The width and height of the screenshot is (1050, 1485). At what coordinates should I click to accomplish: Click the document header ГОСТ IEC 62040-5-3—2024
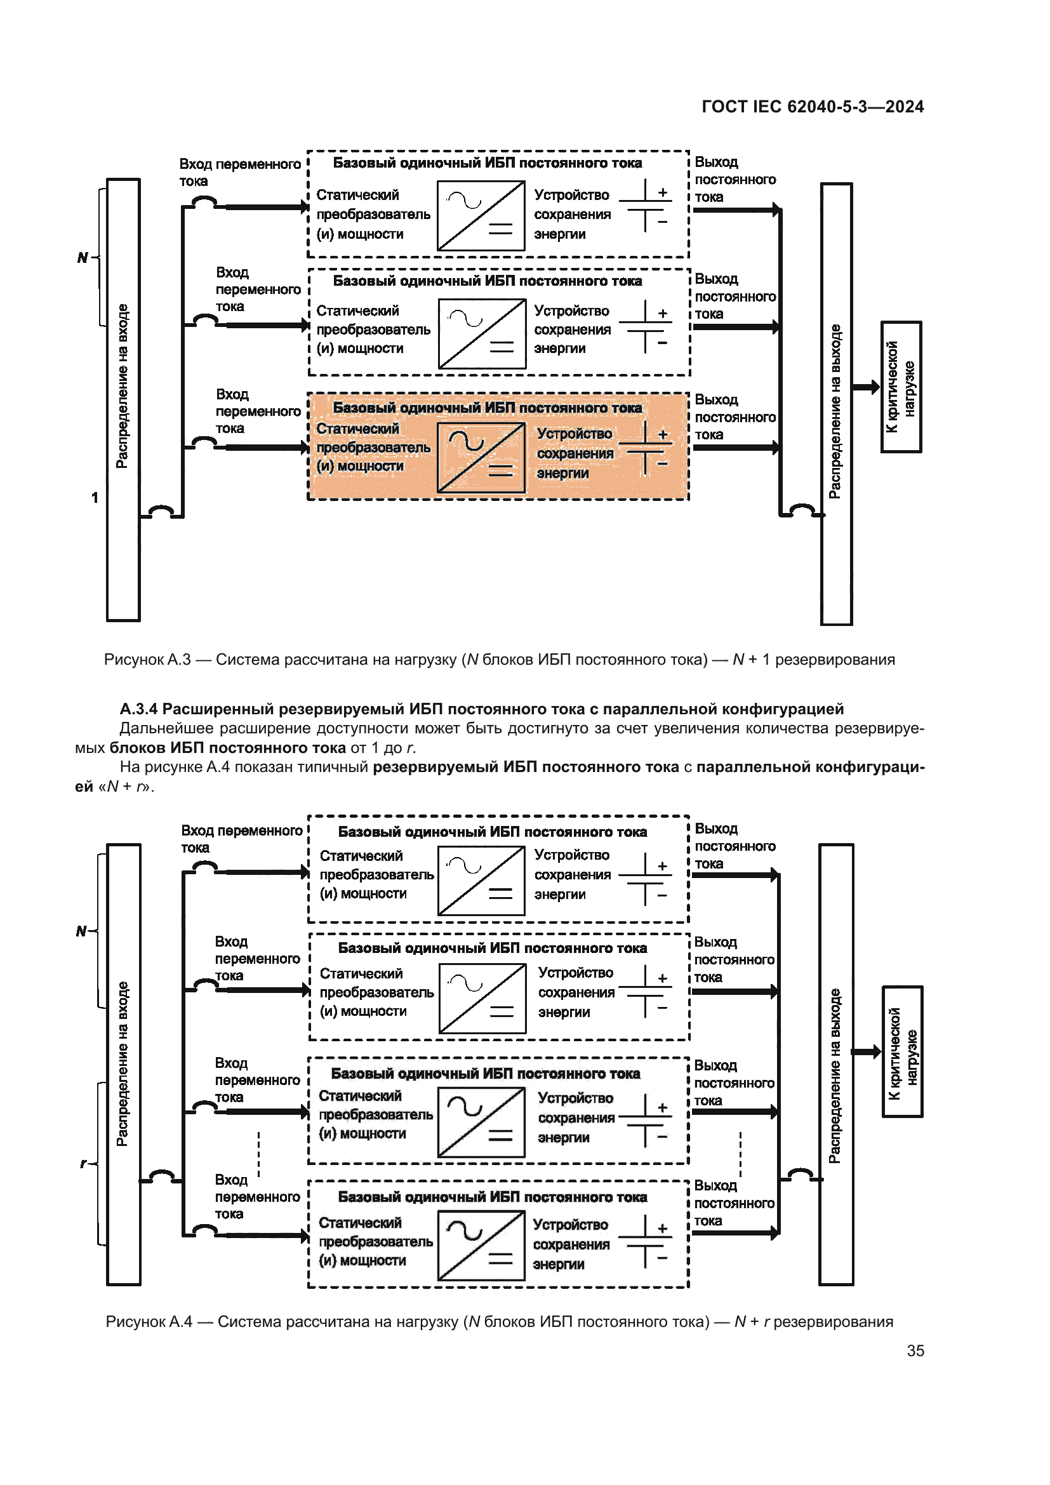click(x=812, y=107)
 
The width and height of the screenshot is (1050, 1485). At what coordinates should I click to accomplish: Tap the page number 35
click(x=915, y=1350)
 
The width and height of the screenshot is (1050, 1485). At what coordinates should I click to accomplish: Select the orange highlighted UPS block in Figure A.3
click(x=498, y=447)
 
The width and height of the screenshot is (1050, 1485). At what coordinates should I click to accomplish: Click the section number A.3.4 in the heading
click(x=138, y=709)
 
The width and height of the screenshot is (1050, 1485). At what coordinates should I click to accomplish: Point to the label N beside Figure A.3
click(x=82, y=257)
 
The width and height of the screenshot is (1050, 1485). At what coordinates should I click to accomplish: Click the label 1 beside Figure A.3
click(x=95, y=497)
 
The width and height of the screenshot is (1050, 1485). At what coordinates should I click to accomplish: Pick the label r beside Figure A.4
click(x=83, y=1164)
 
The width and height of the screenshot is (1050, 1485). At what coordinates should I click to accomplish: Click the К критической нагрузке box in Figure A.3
click(x=901, y=387)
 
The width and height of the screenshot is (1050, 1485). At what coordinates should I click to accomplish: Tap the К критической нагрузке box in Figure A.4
click(x=903, y=1051)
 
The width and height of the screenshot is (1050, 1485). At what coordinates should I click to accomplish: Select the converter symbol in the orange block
click(x=481, y=457)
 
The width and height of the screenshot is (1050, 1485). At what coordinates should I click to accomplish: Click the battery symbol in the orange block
click(x=645, y=448)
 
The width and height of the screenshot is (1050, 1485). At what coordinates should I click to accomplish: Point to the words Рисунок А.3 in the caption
click(x=147, y=660)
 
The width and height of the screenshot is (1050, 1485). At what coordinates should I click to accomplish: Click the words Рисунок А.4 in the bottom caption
click(x=149, y=1321)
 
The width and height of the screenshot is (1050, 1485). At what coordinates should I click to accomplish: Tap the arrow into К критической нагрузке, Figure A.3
click(x=867, y=387)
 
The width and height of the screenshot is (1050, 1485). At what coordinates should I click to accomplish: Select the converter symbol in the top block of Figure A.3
click(x=481, y=215)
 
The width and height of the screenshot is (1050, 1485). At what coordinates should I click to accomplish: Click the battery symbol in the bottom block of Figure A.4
click(x=645, y=1241)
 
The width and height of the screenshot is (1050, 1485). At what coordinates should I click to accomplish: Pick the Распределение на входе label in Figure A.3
click(x=122, y=386)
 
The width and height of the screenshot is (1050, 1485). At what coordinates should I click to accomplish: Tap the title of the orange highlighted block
click(x=487, y=408)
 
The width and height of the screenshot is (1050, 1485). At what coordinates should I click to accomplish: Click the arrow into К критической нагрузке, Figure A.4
click(x=867, y=1051)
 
